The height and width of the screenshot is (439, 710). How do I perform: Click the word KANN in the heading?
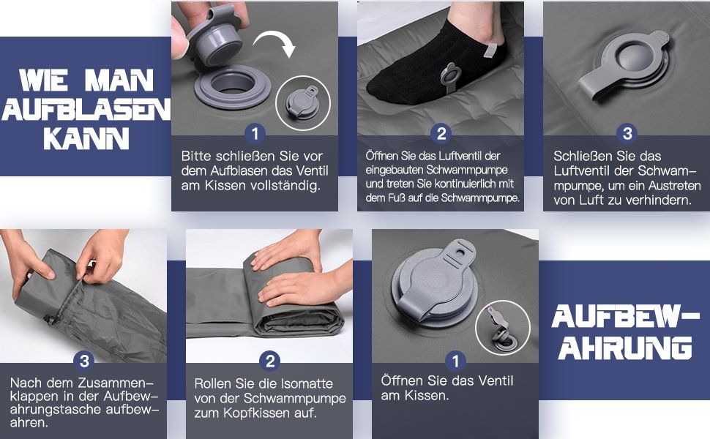[86, 138]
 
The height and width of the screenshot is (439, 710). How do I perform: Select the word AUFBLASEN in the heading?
[86, 109]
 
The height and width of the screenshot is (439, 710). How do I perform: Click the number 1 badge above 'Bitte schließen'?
[255, 133]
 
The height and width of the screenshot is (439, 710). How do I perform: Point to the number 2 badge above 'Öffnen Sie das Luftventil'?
[441, 133]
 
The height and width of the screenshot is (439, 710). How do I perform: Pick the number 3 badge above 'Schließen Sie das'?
[627, 133]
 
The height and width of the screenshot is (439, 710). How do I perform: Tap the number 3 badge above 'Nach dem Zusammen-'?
[84, 361]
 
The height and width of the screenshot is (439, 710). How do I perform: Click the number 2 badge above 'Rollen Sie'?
[270, 361]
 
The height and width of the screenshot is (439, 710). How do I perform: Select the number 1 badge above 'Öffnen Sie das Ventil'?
[455, 361]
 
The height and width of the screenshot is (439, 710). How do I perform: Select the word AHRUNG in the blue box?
[625, 348]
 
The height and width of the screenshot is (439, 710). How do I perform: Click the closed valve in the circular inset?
[303, 103]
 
